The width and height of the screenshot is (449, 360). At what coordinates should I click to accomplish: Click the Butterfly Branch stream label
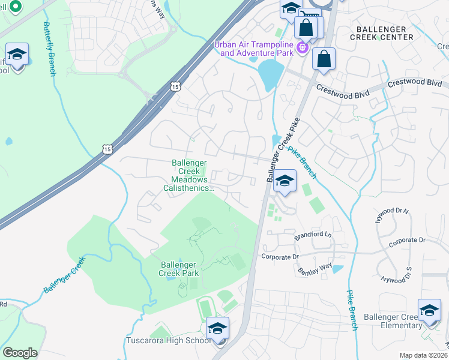[49, 49]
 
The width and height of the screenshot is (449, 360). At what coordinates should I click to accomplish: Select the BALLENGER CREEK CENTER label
[384, 32]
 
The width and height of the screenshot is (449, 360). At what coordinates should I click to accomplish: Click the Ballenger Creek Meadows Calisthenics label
[189, 175]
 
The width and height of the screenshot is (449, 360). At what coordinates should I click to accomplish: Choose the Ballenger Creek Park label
[179, 269]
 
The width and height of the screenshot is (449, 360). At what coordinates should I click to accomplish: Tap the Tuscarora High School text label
[169, 341]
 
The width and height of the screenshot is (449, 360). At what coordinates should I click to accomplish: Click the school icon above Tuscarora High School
[217, 328]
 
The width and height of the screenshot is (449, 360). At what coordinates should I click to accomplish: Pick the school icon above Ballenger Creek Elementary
[429, 310]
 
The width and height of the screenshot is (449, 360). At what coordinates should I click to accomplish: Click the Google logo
[20, 353]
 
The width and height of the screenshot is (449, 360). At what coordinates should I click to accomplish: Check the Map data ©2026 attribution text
[423, 355]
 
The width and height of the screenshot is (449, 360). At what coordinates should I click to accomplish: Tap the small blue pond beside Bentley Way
[337, 269]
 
